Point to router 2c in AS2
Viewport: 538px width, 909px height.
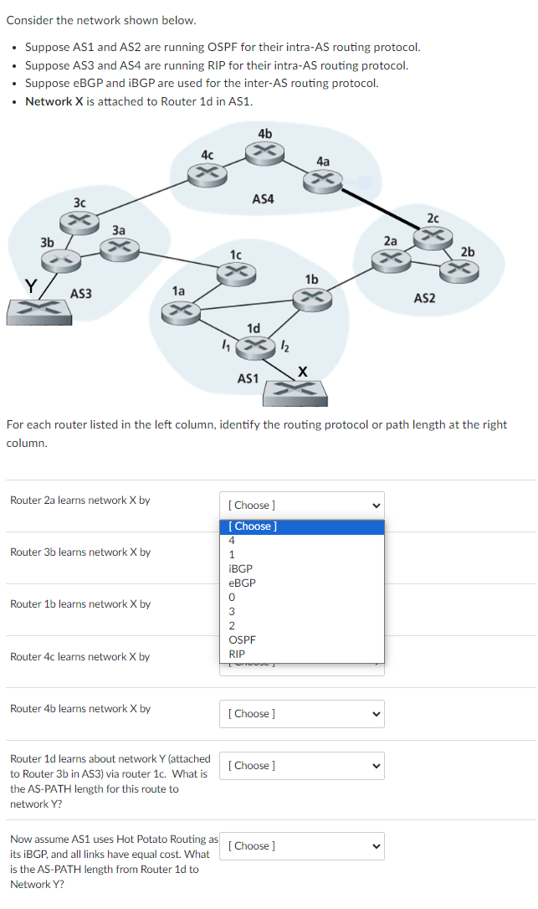(x=433, y=236)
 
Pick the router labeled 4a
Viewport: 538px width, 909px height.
(x=323, y=178)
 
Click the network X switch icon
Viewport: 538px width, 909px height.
(x=296, y=391)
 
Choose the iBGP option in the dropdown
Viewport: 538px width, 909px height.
(x=240, y=568)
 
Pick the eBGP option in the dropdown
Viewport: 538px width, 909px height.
(x=242, y=583)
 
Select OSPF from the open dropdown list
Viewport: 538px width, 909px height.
(x=242, y=639)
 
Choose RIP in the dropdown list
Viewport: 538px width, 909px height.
(x=237, y=654)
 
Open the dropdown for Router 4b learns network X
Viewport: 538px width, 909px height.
(x=302, y=714)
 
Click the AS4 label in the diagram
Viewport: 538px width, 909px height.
(x=263, y=199)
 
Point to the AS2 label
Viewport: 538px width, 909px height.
(x=424, y=299)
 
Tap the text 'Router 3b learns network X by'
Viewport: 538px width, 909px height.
(x=80, y=552)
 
